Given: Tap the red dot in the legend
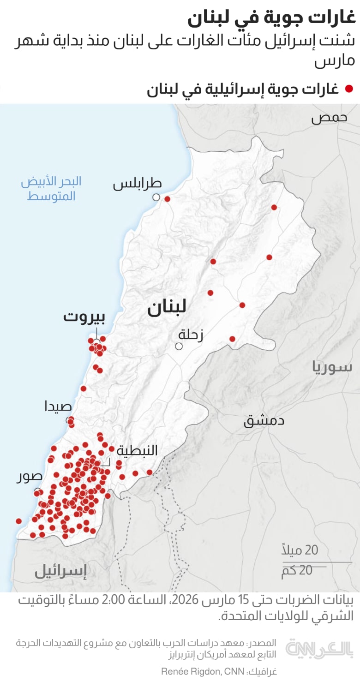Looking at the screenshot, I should point(349,89).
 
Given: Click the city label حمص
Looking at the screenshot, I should point(329,118).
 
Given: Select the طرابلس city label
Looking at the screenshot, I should point(138,184).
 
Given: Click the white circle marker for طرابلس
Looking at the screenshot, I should point(156,197).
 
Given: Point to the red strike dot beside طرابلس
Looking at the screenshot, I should point(168,199).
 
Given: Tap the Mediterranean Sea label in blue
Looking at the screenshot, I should point(51,188).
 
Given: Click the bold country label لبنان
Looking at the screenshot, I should point(167,308).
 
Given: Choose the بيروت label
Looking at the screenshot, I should point(84,317).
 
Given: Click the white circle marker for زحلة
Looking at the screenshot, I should point(179,346).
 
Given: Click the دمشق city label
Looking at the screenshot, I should point(264,420).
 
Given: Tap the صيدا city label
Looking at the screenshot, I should point(58,406).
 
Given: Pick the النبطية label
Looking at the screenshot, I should point(137,450).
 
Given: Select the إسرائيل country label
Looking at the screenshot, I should point(60,572).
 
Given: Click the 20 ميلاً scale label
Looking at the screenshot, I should point(300,550).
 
